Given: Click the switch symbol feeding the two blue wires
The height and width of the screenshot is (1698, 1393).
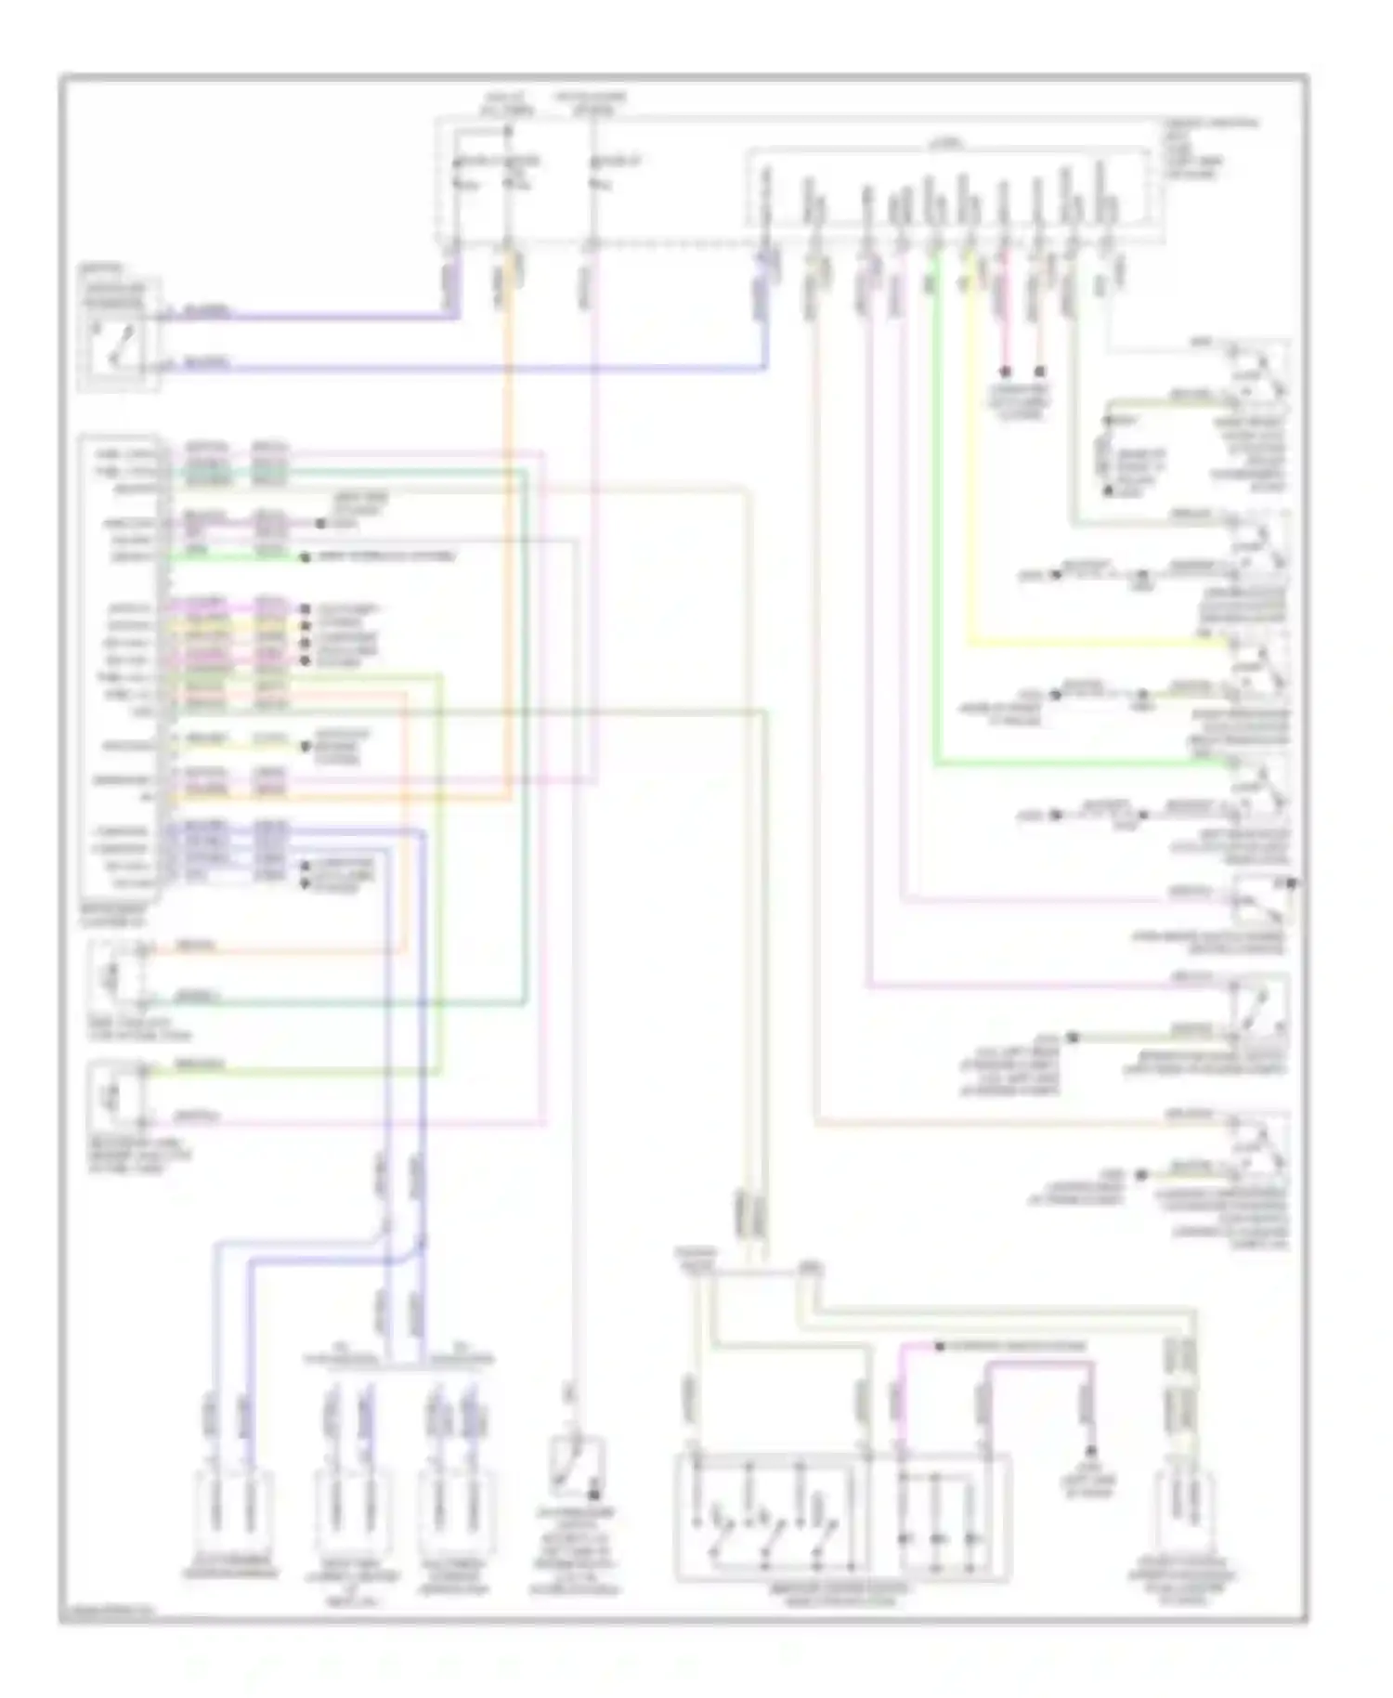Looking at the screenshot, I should pos(119,336).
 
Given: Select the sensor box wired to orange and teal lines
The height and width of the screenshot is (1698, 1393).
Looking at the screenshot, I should pos(117,974).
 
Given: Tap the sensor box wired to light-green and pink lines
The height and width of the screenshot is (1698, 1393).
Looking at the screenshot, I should pos(117,1093).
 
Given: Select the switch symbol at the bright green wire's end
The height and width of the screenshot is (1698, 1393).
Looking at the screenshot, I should pos(1259,785).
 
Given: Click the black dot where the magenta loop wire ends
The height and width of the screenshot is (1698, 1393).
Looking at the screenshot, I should pos(1092,1451).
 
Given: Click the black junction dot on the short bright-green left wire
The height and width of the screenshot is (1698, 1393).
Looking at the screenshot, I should pos(304,557).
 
